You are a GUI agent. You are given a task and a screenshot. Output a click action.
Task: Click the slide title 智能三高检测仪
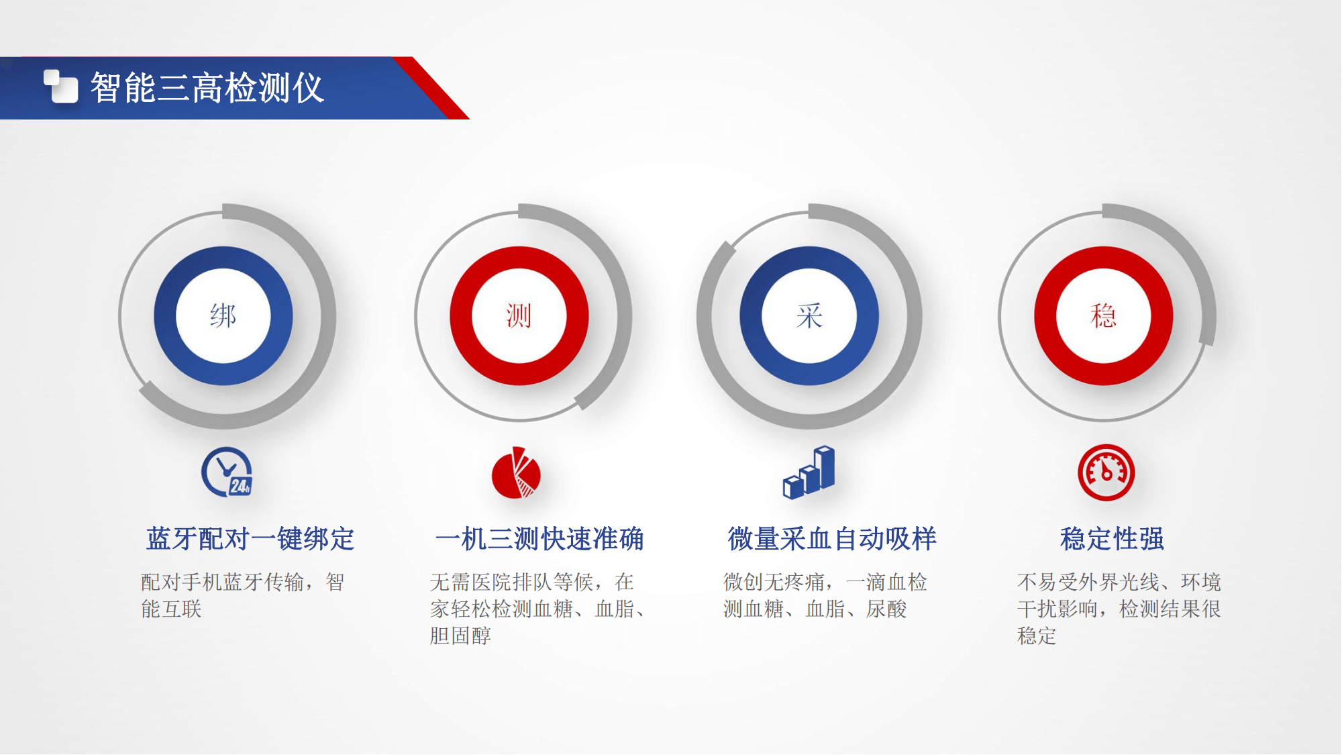tap(207, 88)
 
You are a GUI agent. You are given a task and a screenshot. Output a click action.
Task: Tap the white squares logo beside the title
tap(60, 87)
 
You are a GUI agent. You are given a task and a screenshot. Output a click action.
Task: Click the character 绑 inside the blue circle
tap(223, 315)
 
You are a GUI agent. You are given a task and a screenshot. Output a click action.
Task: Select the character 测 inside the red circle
tap(519, 315)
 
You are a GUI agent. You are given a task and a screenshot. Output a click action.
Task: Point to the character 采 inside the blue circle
tap(809, 315)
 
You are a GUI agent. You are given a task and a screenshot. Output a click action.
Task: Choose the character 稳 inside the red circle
tap(1104, 315)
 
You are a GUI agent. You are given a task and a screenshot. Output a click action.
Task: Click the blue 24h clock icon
tap(227, 472)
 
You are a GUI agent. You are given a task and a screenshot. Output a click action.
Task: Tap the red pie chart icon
tap(516, 472)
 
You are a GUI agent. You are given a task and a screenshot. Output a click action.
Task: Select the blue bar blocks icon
tap(809, 472)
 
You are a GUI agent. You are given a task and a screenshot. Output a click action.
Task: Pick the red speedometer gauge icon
tap(1106, 472)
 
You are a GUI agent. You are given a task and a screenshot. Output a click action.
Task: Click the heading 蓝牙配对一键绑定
tap(250, 539)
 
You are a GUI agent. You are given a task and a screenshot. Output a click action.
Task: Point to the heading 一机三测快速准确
tap(539, 539)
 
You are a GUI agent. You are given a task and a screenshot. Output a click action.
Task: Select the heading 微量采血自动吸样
tap(832, 539)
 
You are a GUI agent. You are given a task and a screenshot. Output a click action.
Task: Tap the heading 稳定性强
tap(1112, 539)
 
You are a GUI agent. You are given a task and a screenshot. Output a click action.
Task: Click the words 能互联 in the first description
tap(171, 609)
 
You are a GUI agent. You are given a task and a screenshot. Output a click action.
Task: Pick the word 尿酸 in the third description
tap(886, 609)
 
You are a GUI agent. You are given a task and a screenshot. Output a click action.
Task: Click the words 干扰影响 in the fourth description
tap(1057, 609)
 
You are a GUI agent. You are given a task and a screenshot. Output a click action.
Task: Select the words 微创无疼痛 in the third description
tap(774, 582)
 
